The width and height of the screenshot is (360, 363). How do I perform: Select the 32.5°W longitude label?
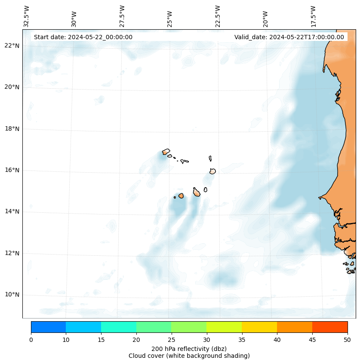26,16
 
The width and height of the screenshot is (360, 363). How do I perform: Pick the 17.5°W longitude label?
313,16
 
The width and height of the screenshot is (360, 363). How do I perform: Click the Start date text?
83,37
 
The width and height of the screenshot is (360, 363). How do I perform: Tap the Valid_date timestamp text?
289,37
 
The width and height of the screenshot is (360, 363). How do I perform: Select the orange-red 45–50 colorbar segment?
330,327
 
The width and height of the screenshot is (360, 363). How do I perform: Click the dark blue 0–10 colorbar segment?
48,327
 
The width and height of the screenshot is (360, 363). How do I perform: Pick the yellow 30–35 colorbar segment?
224,327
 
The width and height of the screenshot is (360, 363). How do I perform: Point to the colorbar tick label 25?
171,340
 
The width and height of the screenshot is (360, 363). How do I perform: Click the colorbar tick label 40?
277,340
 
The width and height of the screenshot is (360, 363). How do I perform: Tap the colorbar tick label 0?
31,340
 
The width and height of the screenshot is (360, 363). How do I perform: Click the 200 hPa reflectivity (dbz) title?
189,348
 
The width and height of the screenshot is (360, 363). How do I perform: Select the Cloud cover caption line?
189,356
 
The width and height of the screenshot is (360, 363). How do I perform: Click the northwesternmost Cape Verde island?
166,152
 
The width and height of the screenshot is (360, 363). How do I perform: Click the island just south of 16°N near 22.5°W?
212,171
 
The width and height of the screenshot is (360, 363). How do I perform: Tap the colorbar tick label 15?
101,340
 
